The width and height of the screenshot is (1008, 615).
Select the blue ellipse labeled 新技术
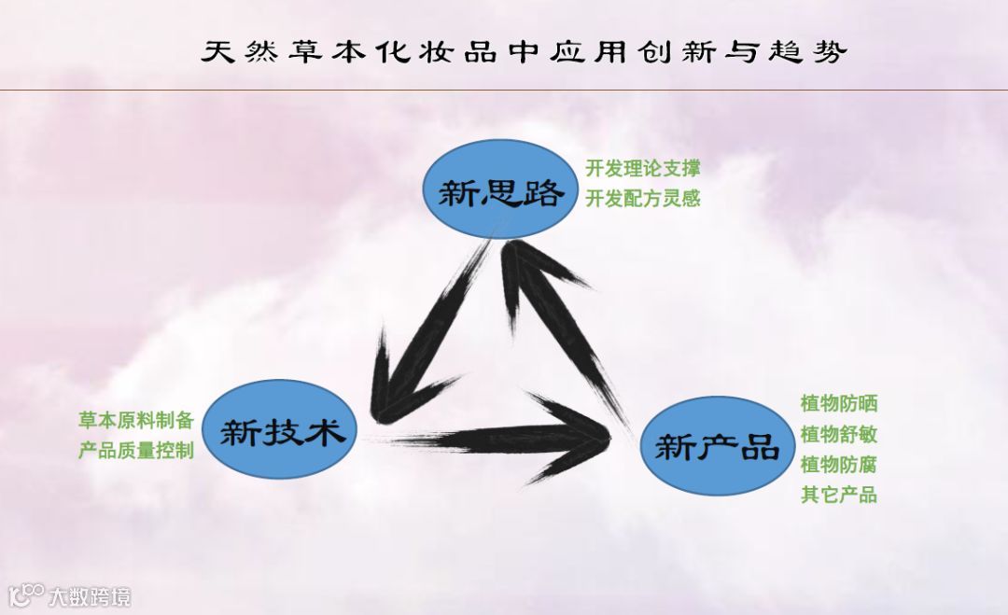[277, 431]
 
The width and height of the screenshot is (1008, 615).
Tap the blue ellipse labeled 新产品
[716, 446]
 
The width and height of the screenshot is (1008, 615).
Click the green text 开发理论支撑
[643, 169]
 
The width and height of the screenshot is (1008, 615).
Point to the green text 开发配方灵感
[643, 199]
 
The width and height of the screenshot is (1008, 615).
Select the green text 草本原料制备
[135, 419]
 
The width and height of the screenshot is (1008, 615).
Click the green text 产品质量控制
[135, 450]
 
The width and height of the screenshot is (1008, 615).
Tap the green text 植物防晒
[838, 404]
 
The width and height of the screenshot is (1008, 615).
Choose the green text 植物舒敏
[838, 434]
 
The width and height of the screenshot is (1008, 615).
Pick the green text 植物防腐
[838, 465]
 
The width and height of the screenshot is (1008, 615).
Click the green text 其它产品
[838, 495]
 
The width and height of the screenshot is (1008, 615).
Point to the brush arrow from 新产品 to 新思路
[560, 317]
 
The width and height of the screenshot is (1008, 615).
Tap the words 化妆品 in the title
[426, 51]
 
